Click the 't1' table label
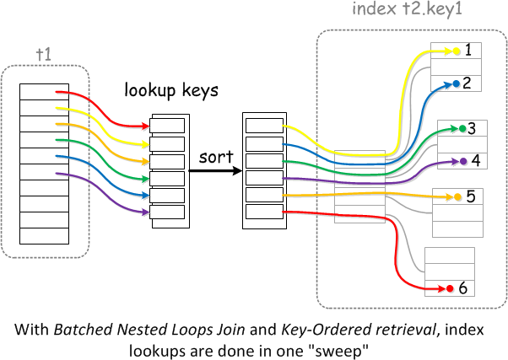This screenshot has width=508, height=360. coord(44,54)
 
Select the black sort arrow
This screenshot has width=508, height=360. coord(213,170)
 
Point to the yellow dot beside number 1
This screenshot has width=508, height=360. coord(457,51)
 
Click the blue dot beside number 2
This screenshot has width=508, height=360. coord(456,83)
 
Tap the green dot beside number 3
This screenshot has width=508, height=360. coord(462,129)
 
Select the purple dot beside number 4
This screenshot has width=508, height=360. coord(462,159)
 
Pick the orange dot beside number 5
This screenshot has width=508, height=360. coord(457,196)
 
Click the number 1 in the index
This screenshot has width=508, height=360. coord(468,51)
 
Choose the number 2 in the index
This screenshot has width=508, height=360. coord(467,83)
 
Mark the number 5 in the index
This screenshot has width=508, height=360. coord(471,196)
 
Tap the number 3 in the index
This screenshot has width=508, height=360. coord(473,128)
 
